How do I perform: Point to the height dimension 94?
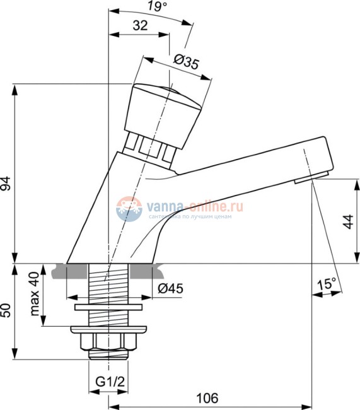point(7,183)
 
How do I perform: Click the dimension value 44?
point(347,221)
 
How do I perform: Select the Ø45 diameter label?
point(169,289)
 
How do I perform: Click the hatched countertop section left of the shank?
point(74,271)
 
